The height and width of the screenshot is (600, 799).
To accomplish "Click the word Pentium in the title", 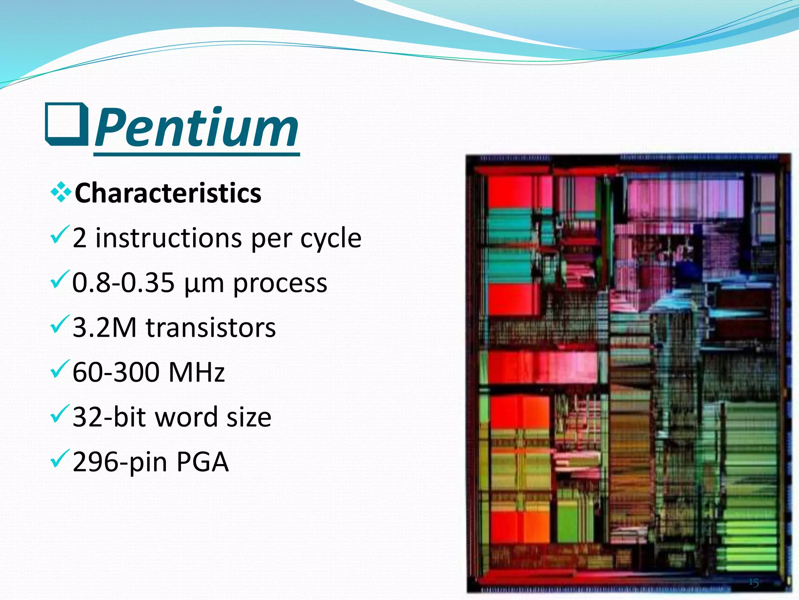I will [x=196, y=127].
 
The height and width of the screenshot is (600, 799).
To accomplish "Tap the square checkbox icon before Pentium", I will [x=66, y=124].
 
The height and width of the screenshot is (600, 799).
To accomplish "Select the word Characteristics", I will [x=168, y=193].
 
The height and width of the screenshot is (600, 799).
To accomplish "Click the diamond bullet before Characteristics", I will [x=61, y=192].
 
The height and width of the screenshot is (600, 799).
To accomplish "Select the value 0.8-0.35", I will [x=123, y=282].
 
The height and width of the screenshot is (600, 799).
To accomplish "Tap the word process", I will [x=280, y=283].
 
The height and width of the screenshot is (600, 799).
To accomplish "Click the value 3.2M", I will [x=105, y=327].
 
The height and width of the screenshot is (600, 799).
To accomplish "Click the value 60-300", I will [x=116, y=372].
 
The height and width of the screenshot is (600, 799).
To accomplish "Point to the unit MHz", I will [x=196, y=372].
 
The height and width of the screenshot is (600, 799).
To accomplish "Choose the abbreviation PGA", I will [x=202, y=462].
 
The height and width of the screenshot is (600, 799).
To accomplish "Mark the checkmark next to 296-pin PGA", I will [x=60, y=459].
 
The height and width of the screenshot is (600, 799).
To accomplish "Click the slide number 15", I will [x=753, y=583].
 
